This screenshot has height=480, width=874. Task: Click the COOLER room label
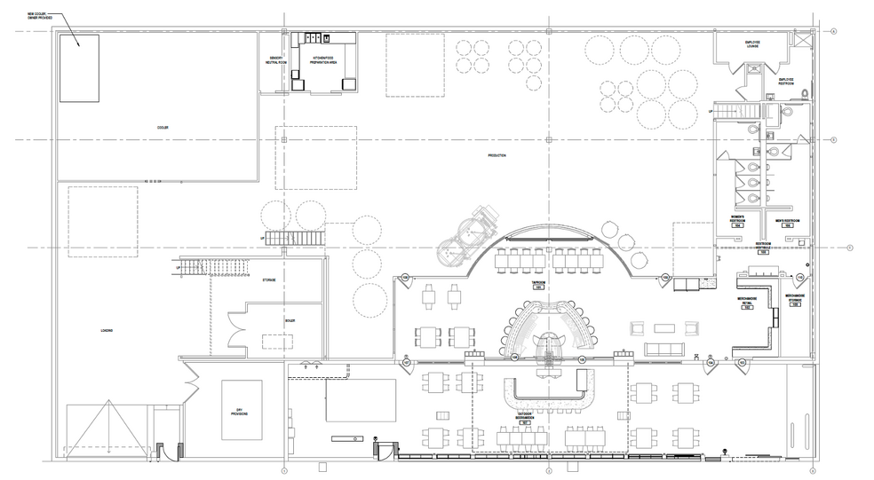coord(163,128)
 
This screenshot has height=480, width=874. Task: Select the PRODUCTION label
coord(497,156)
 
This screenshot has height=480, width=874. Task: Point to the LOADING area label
coord(107,330)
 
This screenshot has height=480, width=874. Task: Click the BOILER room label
coord(290,320)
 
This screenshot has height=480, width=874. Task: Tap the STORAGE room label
coord(267,280)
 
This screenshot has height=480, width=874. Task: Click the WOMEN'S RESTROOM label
coord(736,221)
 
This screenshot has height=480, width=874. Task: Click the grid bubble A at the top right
coord(834,31)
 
